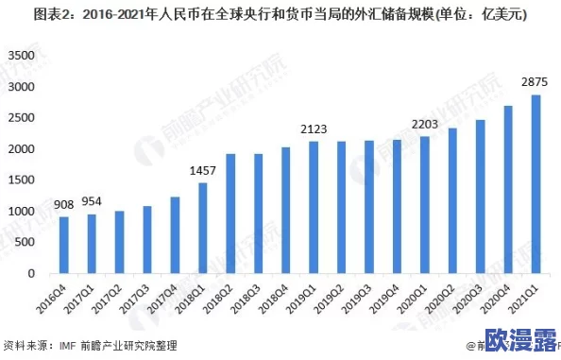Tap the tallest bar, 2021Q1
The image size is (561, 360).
(x=535, y=184)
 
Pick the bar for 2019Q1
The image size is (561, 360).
(x=313, y=208)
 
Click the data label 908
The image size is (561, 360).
(x=63, y=204)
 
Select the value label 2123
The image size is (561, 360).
(x=314, y=129)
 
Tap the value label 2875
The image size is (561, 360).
(x=535, y=81)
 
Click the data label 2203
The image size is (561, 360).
(x=424, y=124)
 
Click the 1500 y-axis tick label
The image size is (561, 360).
(x=21, y=180)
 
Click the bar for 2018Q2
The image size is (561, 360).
(x=229, y=214)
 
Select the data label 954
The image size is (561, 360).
(x=92, y=201)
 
